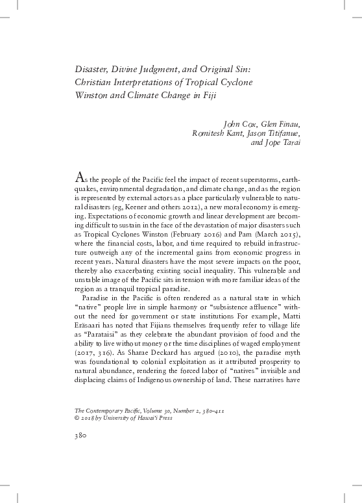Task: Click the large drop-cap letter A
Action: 81,175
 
